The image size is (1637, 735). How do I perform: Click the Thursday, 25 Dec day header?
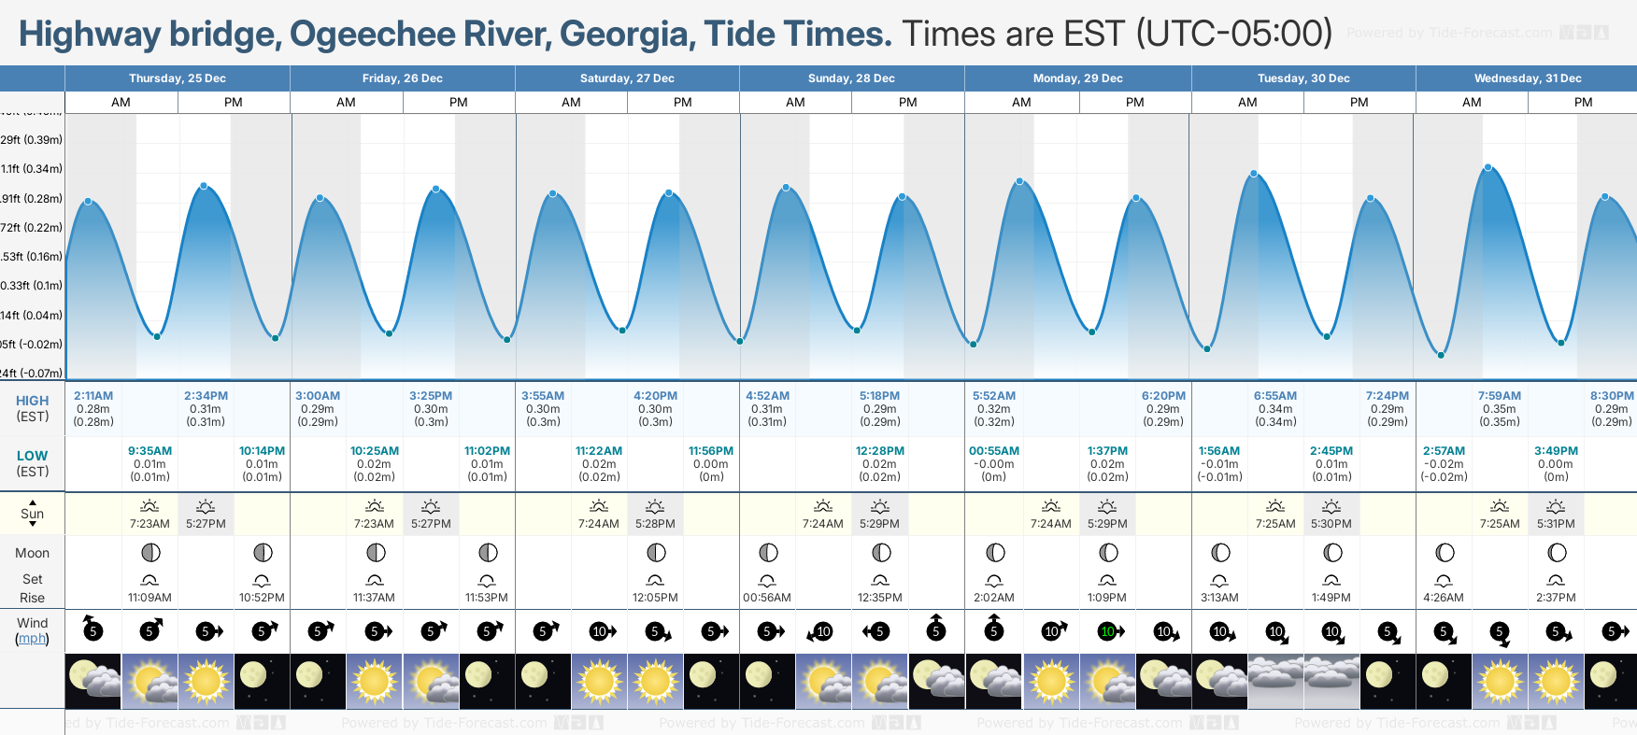click(x=178, y=78)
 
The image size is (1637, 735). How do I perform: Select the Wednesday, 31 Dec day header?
click(x=1527, y=78)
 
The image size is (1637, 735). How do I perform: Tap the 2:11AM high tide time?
click(x=93, y=396)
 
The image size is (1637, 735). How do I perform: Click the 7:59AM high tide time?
click(x=1499, y=396)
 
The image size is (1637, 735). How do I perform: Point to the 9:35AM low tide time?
click(x=149, y=451)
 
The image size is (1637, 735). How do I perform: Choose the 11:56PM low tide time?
click(x=711, y=451)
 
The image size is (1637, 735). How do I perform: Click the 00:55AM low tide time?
click(x=994, y=451)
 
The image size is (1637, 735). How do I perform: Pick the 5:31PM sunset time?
click(x=1556, y=524)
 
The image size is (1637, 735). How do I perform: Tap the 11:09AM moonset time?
click(x=149, y=598)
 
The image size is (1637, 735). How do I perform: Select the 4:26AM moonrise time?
click(x=1444, y=598)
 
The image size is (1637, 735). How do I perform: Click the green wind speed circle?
click(x=1107, y=631)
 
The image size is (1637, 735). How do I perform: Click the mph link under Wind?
click(x=32, y=639)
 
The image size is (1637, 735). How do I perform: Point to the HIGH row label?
click(x=32, y=401)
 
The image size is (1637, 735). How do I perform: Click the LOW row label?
click(x=32, y=456)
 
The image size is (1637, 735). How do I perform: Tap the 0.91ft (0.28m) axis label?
click(x=32, y=198)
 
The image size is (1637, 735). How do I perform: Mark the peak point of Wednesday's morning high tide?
click(x=1488, y=168)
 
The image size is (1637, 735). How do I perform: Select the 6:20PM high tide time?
click(x=1163, y=396)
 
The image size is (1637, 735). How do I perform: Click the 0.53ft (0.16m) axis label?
click(x=32, y=257)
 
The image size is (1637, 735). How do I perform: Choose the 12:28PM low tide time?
click(x=879, y=451)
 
